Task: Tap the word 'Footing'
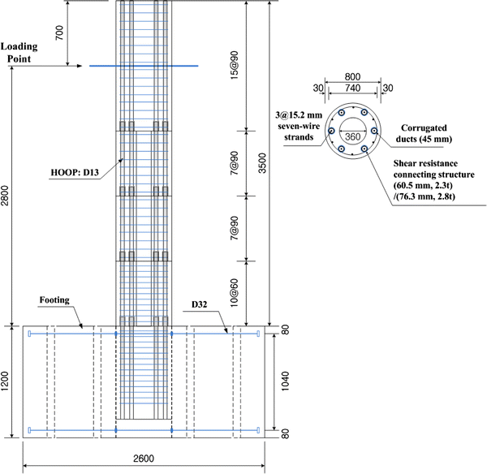[x=55, y=299]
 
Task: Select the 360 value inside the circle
[x=351, y=137]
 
